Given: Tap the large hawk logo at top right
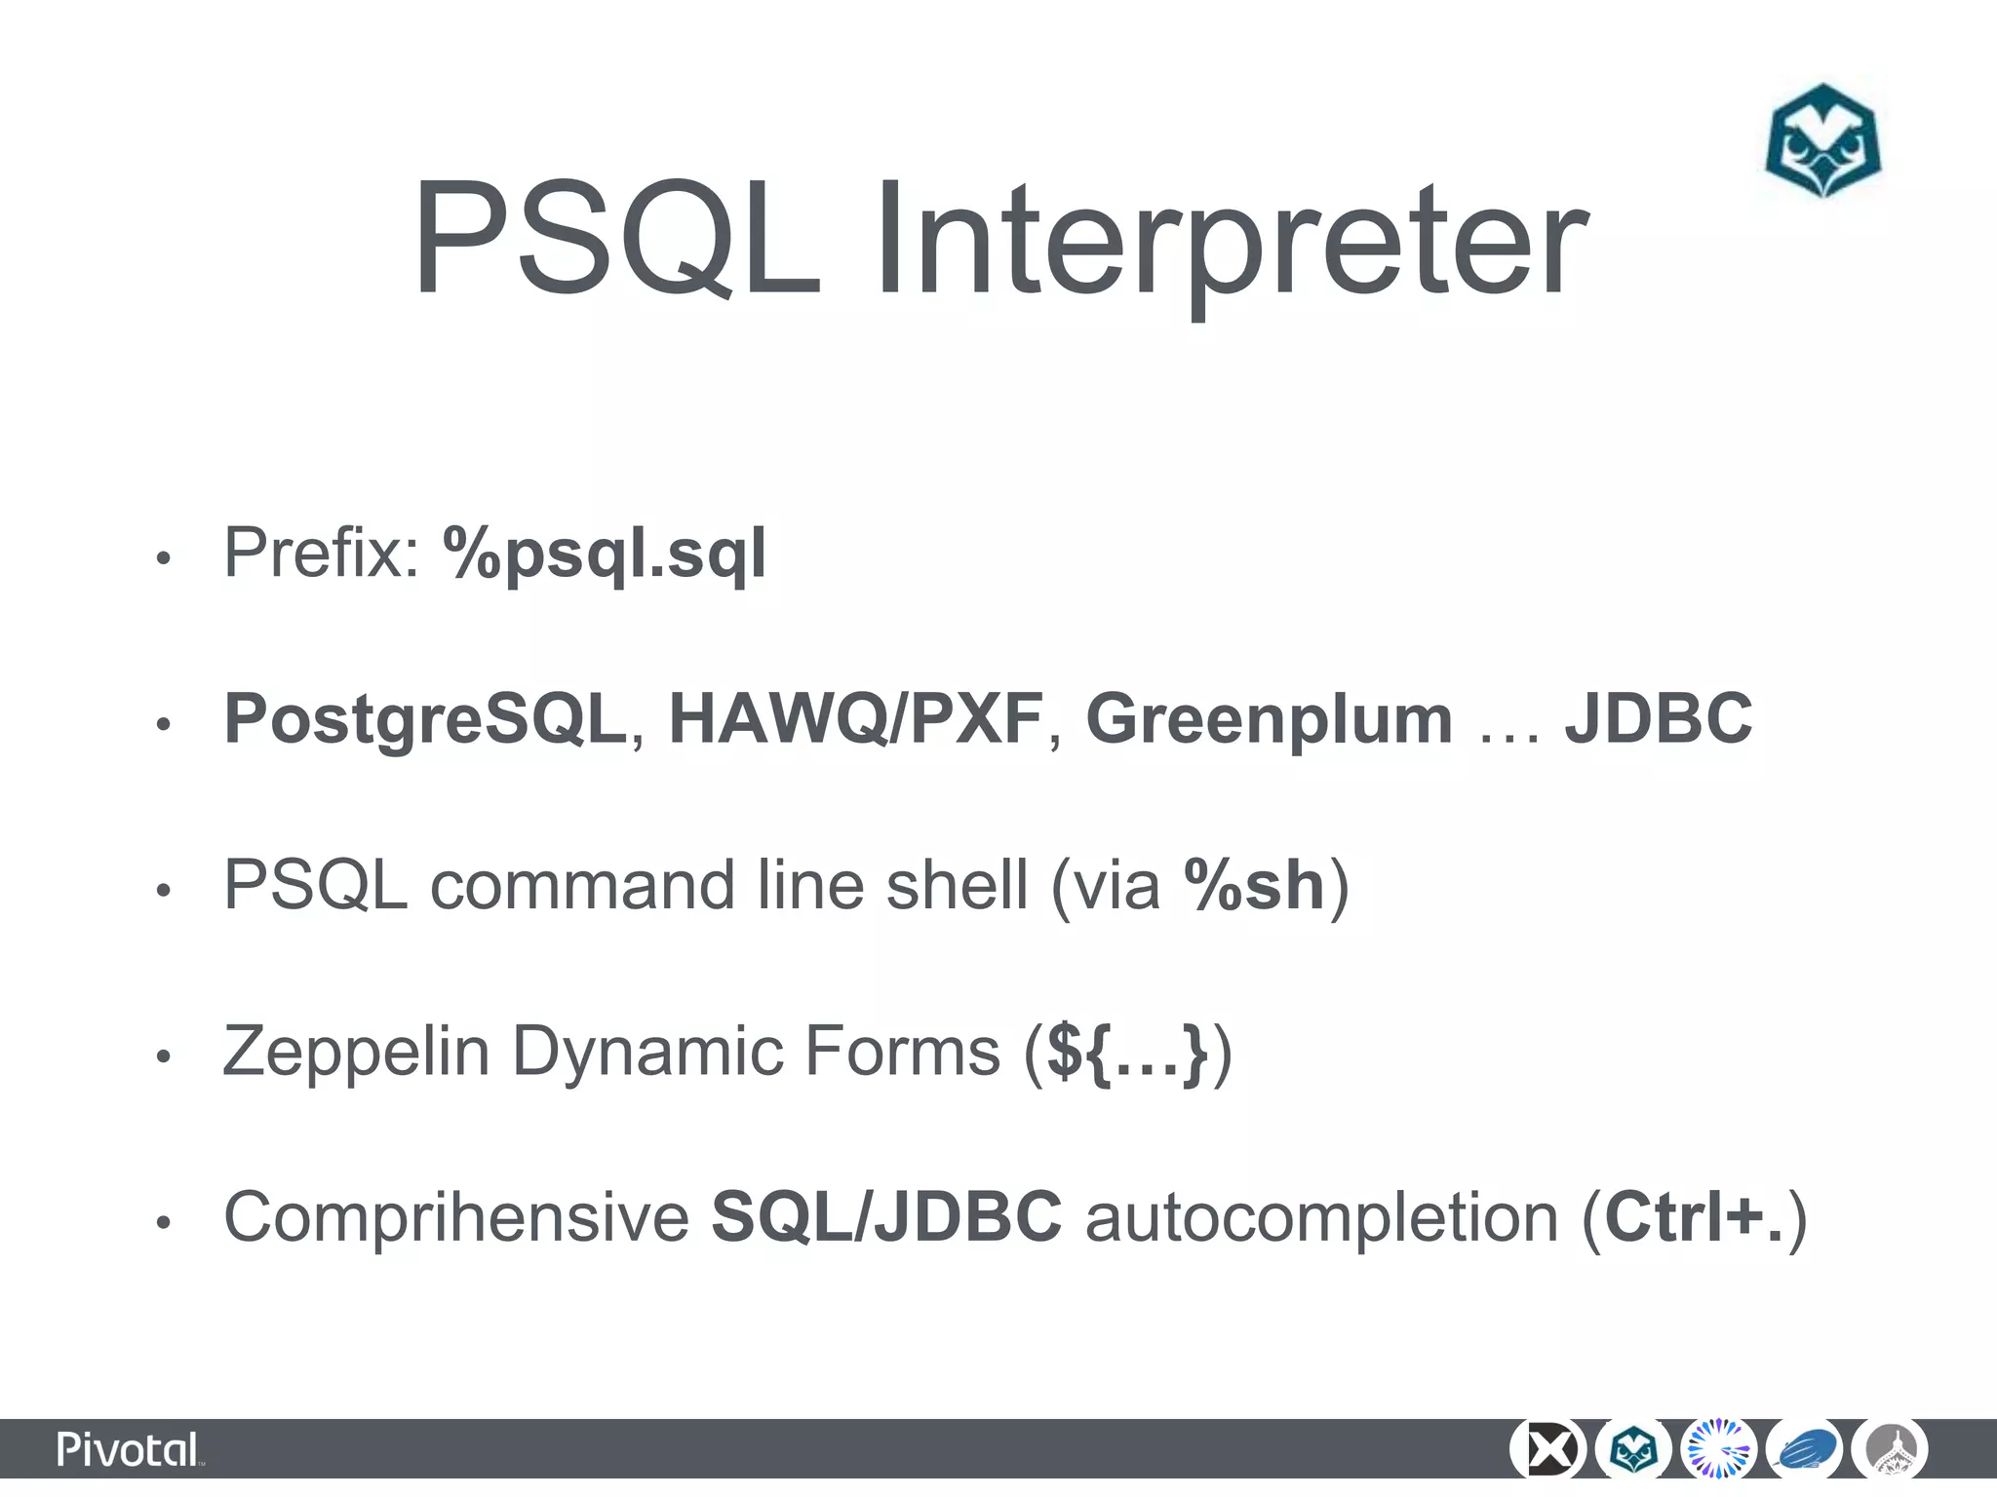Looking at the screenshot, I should tap(1822, 141).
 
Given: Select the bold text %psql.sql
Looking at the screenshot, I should tap(605, 554).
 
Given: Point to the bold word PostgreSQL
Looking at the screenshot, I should tap(425, 718).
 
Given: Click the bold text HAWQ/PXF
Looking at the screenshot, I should tap(855, 718).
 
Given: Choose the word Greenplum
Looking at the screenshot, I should tap(1269, 718).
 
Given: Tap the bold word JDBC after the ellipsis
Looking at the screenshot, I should tap(1659, 718).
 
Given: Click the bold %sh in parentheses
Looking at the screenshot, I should tap(1254, 885).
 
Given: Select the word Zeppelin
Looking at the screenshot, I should tap(356, 1052).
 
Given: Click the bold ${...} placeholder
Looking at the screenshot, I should tap(1127, 1052).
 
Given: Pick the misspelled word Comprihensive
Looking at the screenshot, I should tap(456, 1217).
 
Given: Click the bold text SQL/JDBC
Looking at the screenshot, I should tap(886, 1217).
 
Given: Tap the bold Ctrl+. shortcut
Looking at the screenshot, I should tap(1694, 1217).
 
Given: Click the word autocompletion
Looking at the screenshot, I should tap(1321, 1217).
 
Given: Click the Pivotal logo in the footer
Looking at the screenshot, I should tap(130, 1450).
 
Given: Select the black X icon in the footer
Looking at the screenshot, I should tap(1547, 1450).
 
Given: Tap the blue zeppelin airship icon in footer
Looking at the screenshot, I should tap(1805, 1450).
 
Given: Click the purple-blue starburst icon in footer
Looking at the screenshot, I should tap(1719, 1450).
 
